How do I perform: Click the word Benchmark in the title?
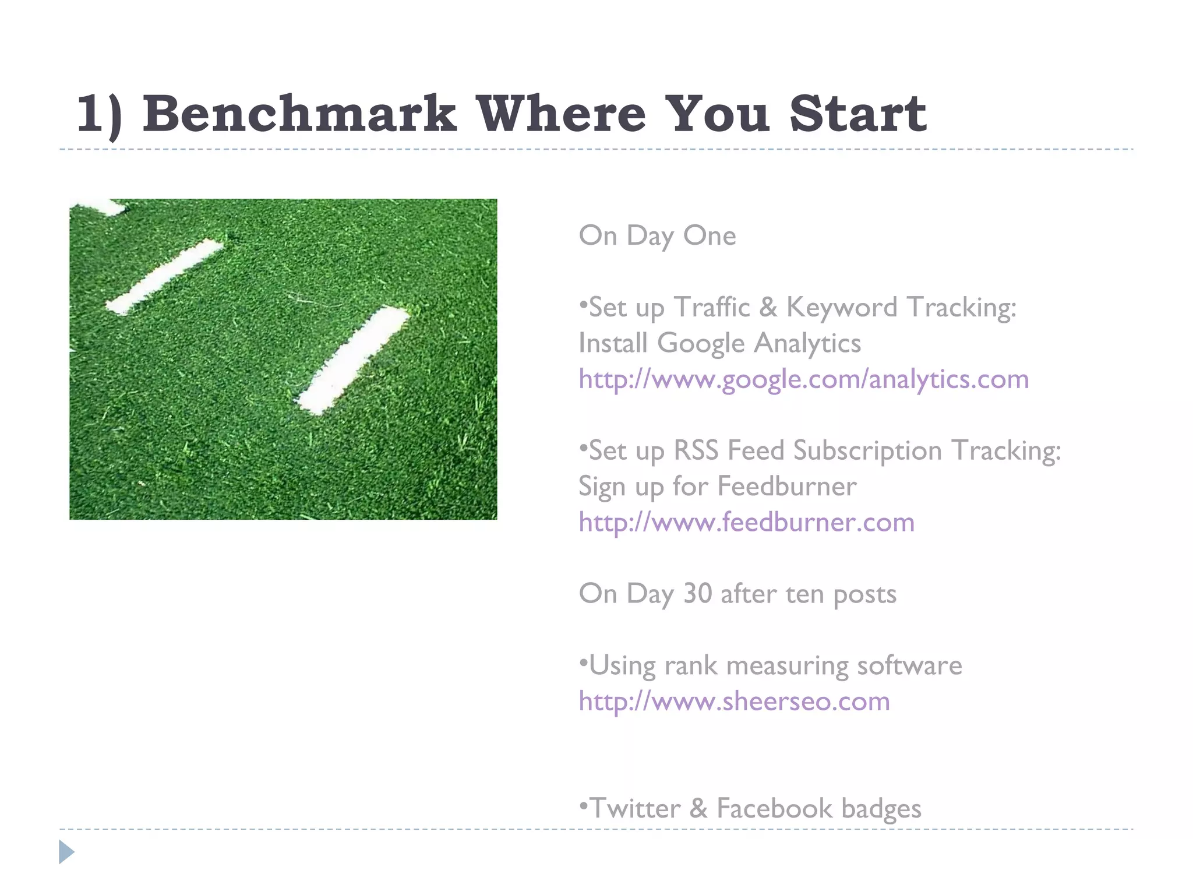coord(299,114)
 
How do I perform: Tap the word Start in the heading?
coord(857,114)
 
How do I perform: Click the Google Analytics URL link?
coord(803,379)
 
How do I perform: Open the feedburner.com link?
coord(746,522)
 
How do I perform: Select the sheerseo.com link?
coord(734,701)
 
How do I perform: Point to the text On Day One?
coord(657,236)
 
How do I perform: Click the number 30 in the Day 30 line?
coord(697,594)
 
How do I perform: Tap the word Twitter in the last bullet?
coord(635,808)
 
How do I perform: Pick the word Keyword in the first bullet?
coord(841,308)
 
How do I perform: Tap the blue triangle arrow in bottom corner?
coord(66,852)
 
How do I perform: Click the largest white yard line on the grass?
coord(354,360)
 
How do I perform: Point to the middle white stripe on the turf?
coord(164,276)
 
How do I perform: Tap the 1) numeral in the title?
coord(99,115)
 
